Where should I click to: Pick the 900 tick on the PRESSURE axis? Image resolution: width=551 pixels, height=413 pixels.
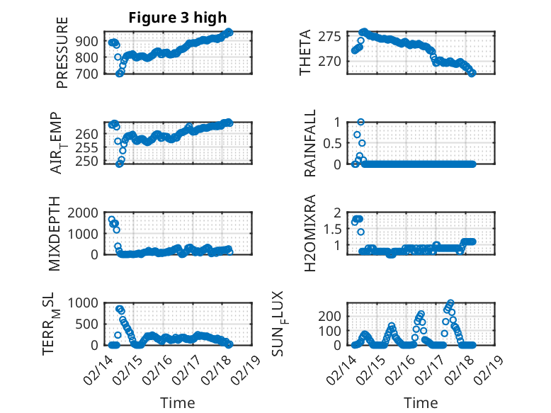pos(93,41)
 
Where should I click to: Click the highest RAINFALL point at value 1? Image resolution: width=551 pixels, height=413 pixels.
pos(360,122)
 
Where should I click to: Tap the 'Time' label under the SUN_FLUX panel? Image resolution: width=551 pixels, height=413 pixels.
pos(421,403)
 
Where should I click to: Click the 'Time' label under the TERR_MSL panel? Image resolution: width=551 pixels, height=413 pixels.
pos(177,403)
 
